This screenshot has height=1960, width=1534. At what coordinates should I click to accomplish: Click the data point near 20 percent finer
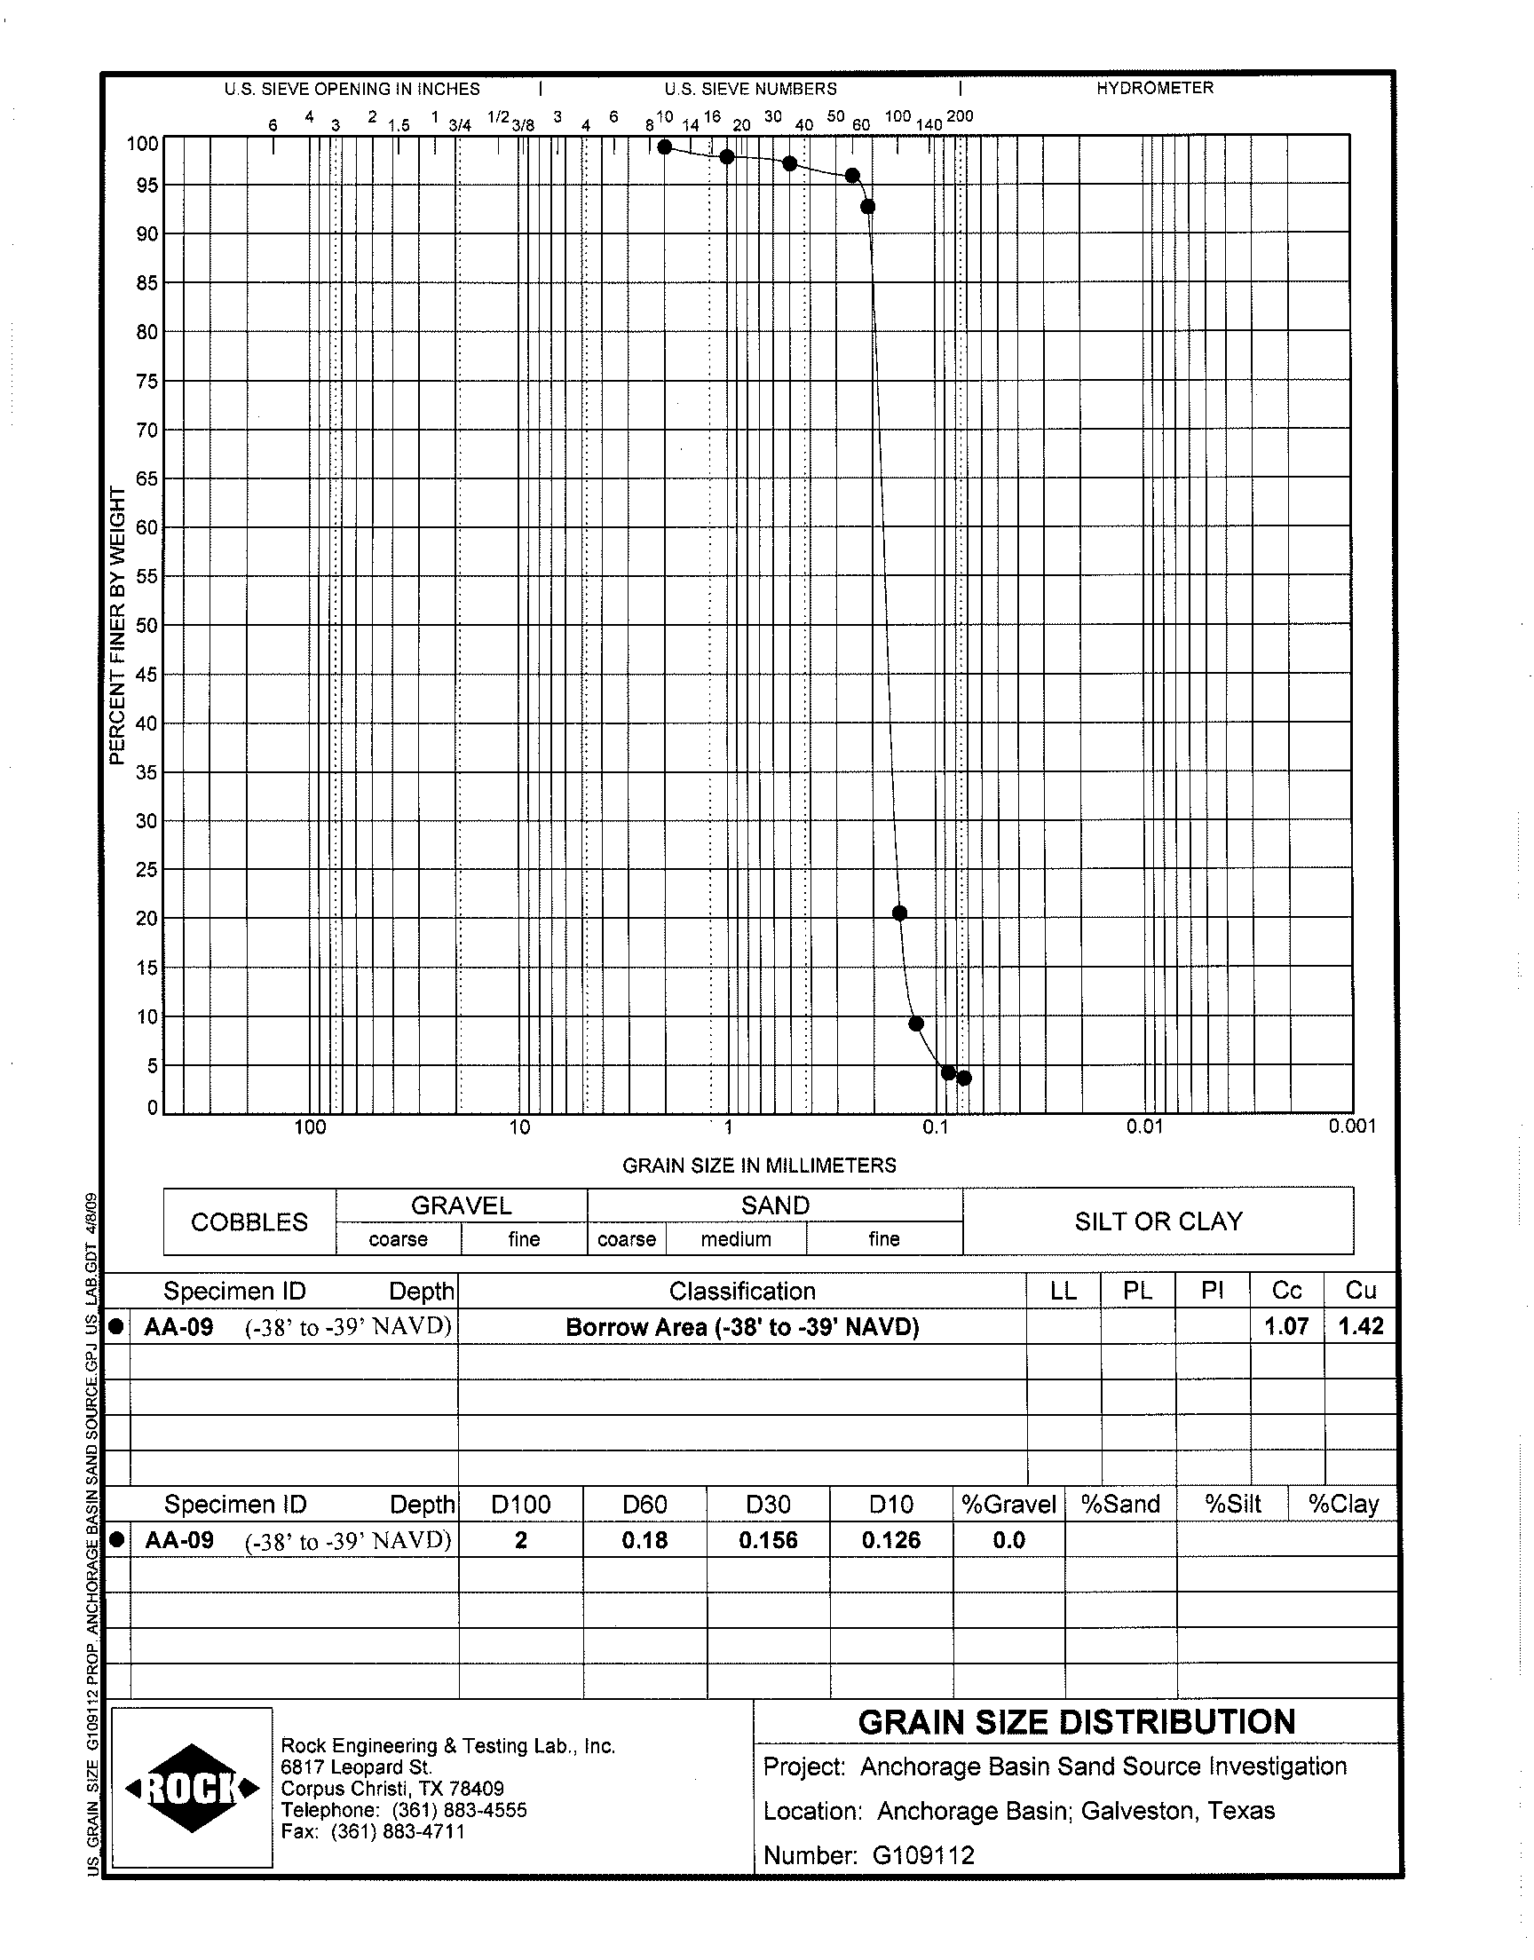point(899,913)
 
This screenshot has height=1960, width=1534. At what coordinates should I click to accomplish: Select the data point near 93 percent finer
point(867,207)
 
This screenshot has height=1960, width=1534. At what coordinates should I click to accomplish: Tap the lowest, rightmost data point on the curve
point(964,1079)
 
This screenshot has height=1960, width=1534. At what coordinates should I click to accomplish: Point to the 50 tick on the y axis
point(146,626)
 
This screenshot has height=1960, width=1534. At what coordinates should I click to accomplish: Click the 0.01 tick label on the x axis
point(1144,1126)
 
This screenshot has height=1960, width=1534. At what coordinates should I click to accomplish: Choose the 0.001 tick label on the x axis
point(1352,1126)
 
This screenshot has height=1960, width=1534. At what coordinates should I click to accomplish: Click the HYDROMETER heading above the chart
point(1154,88)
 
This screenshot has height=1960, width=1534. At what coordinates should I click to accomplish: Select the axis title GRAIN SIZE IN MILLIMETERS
point(759,1166)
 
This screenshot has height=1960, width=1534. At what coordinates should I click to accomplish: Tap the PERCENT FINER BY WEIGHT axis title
point(116,626)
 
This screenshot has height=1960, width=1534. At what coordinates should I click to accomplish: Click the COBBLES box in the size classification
point(249,1222)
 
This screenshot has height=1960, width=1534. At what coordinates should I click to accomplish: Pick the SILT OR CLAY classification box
point(1158,1221)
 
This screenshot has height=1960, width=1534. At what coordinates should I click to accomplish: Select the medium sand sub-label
point(736,1239)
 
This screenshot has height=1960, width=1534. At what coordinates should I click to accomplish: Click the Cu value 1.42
point(1361,1326)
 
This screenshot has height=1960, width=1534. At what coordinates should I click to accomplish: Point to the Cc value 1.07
point(1286,1326)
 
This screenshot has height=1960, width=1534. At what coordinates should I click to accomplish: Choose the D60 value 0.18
point(644,1541)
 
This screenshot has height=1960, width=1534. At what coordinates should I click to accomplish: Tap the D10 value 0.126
point(891,1541)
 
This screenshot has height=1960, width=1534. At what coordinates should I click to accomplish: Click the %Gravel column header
point(1008,1504)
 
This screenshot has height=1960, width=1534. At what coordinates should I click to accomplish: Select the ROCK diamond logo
point(193,1789)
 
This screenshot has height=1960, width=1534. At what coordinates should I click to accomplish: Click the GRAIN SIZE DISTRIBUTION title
point(1076,1722)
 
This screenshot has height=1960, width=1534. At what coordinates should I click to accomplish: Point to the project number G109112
point(922,1855)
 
